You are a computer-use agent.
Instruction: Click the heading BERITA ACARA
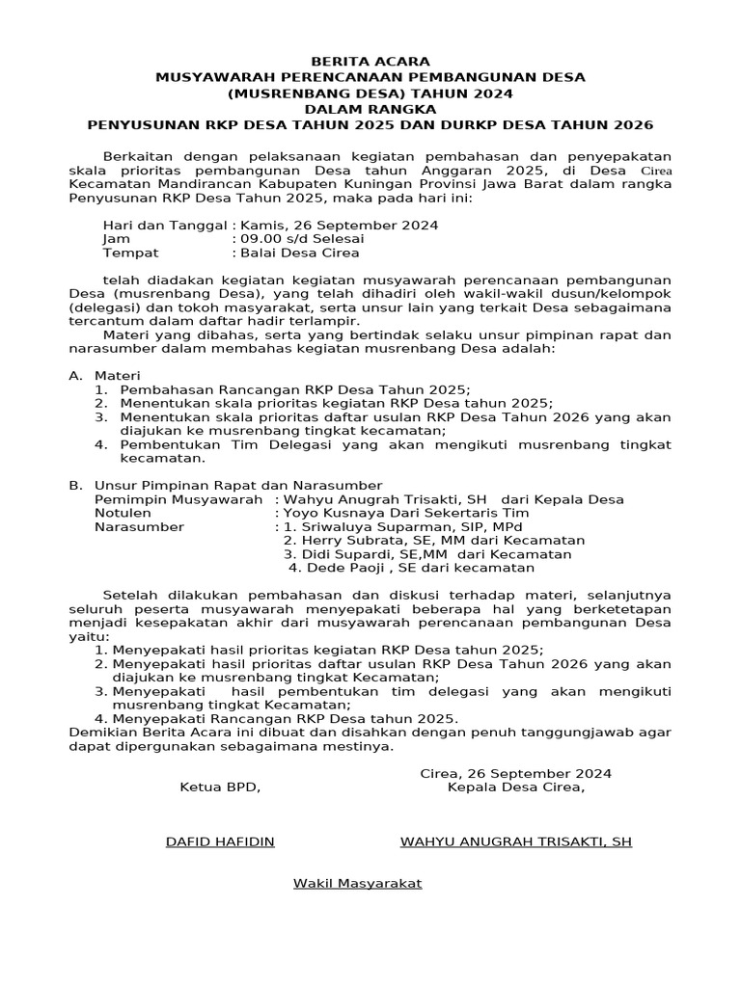[370, 62]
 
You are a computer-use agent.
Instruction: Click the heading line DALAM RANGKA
[370, 109]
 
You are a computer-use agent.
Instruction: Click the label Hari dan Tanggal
[163, 225]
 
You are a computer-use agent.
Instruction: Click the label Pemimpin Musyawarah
[178, 499]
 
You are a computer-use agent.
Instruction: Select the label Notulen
[123, 513]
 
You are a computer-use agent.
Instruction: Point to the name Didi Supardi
[345, 554]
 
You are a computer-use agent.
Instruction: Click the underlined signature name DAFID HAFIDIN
[220, 841]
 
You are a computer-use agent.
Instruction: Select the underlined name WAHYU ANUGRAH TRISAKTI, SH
[516, 841]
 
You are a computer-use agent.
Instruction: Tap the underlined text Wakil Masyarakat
[358, 883]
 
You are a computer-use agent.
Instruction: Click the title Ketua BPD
[220, 787]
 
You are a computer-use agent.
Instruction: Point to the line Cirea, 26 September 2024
[516, 773]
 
